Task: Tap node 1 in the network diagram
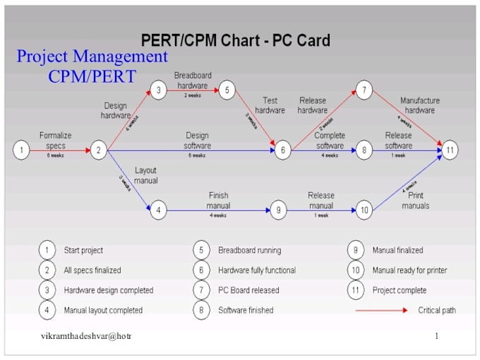[22, 150]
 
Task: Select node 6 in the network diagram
[282, 150]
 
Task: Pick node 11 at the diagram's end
[450, 150]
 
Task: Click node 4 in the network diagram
[158, 210]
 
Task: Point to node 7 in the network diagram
[364, 90]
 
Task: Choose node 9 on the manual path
[279, 210]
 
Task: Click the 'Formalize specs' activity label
[55, 140]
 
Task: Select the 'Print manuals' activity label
[416, 200]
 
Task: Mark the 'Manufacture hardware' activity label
[419, 105]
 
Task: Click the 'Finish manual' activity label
[218, 200]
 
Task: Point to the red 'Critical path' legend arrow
[381, 310]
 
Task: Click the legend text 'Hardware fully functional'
[257, 270]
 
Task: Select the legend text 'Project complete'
[400, 290]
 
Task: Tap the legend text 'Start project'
[83, 250]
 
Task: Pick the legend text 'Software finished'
[246, 310]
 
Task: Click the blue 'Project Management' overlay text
[92, 56]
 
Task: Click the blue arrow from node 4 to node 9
[218, 210]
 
